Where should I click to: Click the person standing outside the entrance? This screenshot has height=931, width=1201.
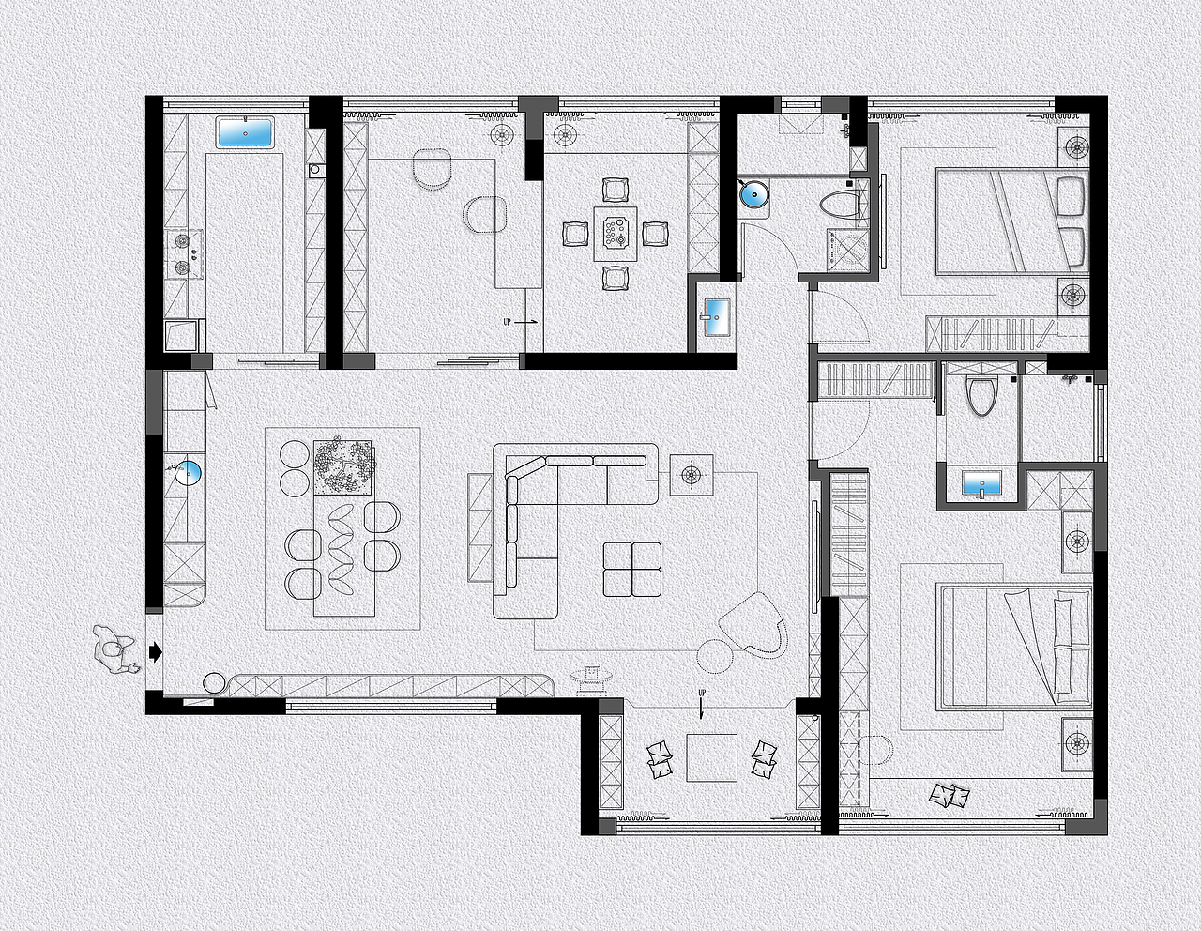click(114, 649)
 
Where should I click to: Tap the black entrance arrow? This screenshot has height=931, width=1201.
click(156, 652)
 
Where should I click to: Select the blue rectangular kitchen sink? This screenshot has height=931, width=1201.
click(246, 132)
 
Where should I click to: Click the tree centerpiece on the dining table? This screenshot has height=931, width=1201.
click(342, 467)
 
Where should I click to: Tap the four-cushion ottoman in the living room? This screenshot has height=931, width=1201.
click(632, 570)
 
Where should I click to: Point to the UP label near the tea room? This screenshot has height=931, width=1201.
click(507, 322)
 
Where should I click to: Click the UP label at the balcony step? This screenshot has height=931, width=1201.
click(702, 693)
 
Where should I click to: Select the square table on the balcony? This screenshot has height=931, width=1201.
click(712, 758)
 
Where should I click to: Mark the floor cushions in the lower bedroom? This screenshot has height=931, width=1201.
click(950, 796)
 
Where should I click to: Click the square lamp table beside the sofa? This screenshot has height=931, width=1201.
click(691, 475)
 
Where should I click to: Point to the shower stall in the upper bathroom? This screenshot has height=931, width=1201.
click(847, 250)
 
